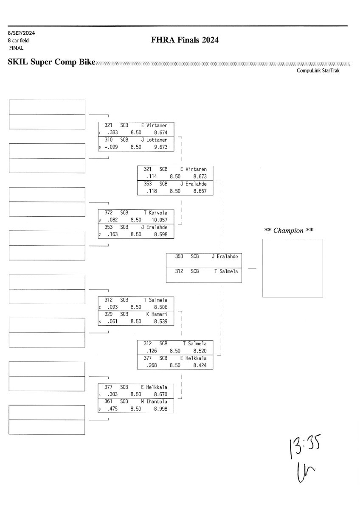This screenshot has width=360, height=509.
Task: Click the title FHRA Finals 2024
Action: point(184,40)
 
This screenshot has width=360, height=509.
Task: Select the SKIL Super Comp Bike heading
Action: point(51,62)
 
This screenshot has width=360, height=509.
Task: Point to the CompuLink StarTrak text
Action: point(318,71)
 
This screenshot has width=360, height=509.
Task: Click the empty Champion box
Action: point(292,268)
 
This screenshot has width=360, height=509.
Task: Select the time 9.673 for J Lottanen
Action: point(161,147)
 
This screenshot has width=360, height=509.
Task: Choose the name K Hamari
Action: point(157,314)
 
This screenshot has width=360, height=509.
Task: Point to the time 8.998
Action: point(161,409)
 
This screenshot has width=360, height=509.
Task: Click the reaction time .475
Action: point(112,409)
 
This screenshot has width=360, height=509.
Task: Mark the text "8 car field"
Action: point(18,40)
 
